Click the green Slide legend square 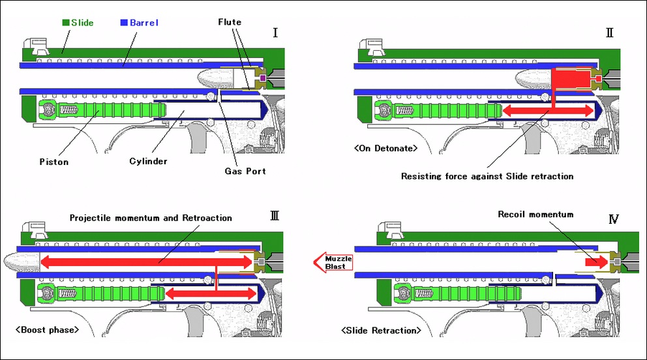point(66,23)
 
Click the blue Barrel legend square point(125,23)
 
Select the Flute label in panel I point(229,22)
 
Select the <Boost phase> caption point(47,329)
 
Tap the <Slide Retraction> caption point(382,331)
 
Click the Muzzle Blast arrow point(333,262)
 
